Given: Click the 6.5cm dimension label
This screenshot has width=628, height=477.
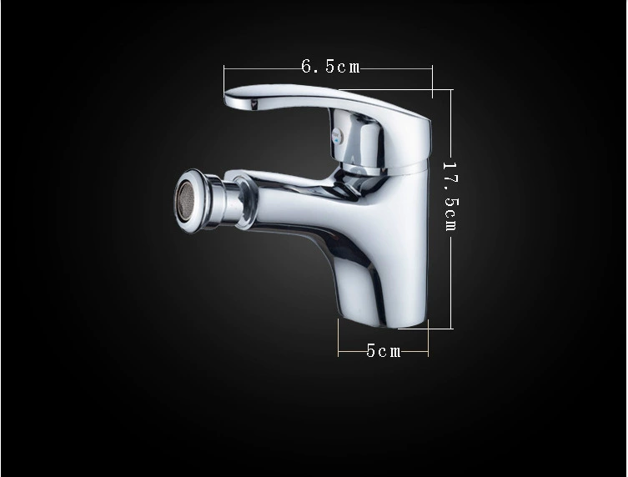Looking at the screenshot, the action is (330, 66).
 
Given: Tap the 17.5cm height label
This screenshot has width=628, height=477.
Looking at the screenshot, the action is (450, 196).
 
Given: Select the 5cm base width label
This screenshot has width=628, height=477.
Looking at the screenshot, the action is (384, 351).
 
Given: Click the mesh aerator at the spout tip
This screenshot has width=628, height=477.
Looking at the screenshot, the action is (183, 199).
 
